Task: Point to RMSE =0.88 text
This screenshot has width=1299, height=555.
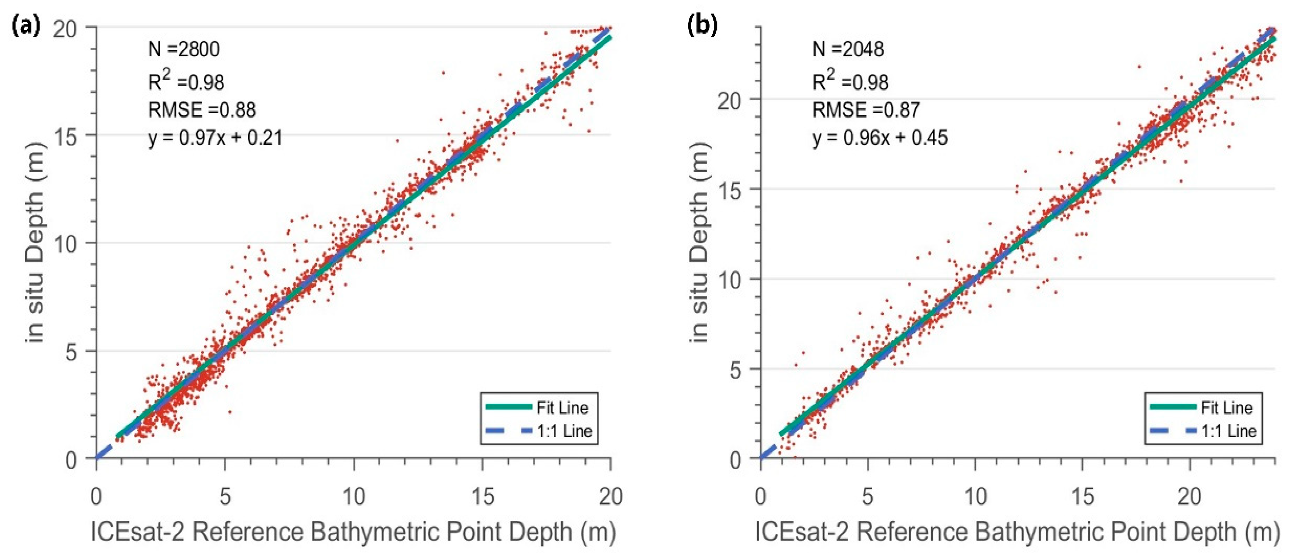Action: pyautogui.click(x=202, y=110)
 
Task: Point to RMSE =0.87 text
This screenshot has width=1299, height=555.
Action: pyautogui.click(x=866, y=110)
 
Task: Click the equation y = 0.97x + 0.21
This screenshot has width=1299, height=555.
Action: pyautogui.click(x=215, y=137)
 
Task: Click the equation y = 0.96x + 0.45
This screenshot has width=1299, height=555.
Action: pyautogui.click(x=880, y=137)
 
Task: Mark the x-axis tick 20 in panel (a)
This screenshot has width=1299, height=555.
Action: pyautogui.click(x=610, y=497)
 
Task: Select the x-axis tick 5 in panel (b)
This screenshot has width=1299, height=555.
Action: pyautogui.click(x=867, y=497)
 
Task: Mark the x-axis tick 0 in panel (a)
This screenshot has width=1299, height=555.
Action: pyautogui.click(x=96, y=497)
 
